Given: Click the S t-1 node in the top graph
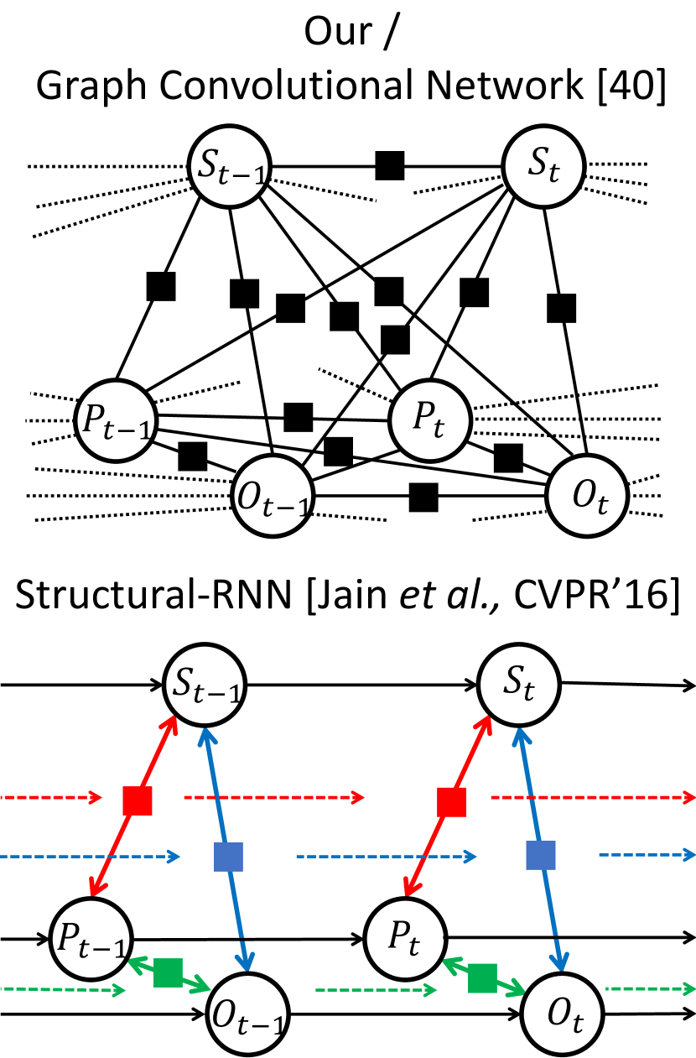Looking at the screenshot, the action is [x=230, y=166].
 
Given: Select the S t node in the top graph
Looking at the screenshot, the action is [x=543, y=166].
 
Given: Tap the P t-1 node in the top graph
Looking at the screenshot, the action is [x=116, y=420].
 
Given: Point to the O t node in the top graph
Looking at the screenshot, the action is [x=587, y=496].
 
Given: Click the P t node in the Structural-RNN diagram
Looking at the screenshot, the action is [x=406, y=938].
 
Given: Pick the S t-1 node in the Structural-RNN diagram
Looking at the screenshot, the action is [x=205, y=685].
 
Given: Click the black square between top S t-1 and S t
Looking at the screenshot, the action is [x=390, y=166].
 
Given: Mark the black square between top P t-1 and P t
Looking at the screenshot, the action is [x=298, y=417].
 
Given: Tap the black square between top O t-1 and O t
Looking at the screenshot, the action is [x=423, y=497].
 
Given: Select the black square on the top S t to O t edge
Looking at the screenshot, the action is [x=562, y=308].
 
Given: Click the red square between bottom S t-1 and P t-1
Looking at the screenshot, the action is [x=138, y=800].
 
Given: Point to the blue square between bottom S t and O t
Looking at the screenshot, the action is [x=541, y=855].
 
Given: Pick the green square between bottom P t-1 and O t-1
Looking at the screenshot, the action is [x=168, y=972].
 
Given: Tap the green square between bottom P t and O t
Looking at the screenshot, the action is [x=482, y=977].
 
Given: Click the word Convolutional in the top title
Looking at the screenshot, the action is [x=289, y=85].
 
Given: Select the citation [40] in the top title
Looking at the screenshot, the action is [x=631, y=86].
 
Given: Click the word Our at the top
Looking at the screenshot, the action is [x=338, y=32].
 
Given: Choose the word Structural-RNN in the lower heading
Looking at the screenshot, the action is [x=153, y=595].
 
